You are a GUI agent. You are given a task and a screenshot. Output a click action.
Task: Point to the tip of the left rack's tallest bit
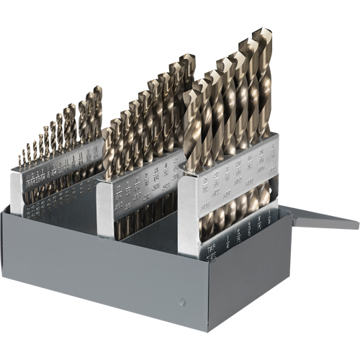pos(97,91)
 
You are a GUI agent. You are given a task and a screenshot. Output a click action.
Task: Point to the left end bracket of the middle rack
pos(104,209)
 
